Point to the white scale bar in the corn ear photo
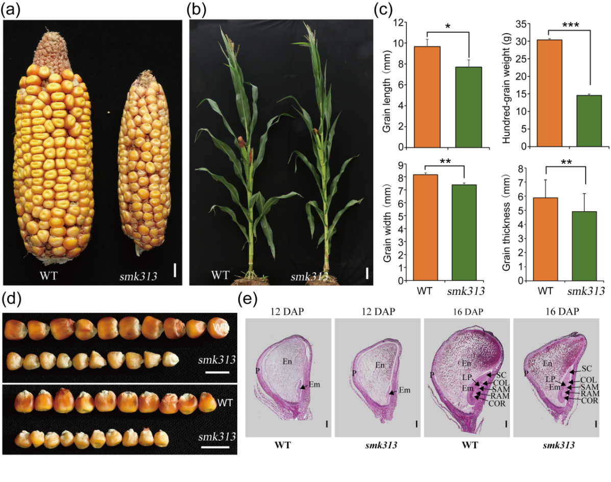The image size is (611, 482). click(x=175, y=270)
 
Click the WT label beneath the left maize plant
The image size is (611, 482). click(x=220, y=276)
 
